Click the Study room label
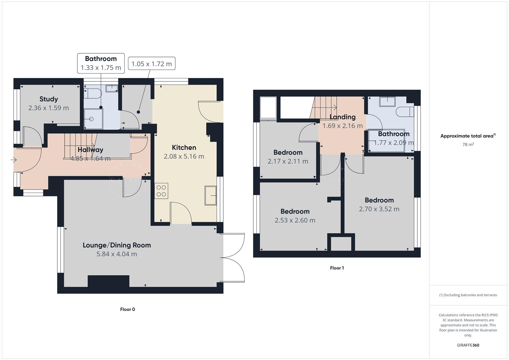(49, 99)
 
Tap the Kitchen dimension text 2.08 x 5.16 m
(184, 156)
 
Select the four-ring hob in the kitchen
(161, 191)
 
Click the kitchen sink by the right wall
(210, 195)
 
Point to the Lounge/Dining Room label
(117, 245)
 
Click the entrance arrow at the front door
(14, 160)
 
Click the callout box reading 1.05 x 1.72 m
(152, 64)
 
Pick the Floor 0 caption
(127, 309)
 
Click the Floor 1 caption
(337, 268)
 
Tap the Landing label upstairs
(342, 117)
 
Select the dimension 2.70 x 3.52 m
(379, 209)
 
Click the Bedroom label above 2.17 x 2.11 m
(288, 152)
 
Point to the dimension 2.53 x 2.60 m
(295, 220)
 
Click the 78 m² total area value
(468, 145)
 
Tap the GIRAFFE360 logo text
(468, 345)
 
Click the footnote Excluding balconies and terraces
(468, 295)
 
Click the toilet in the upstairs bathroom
(404, 112)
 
